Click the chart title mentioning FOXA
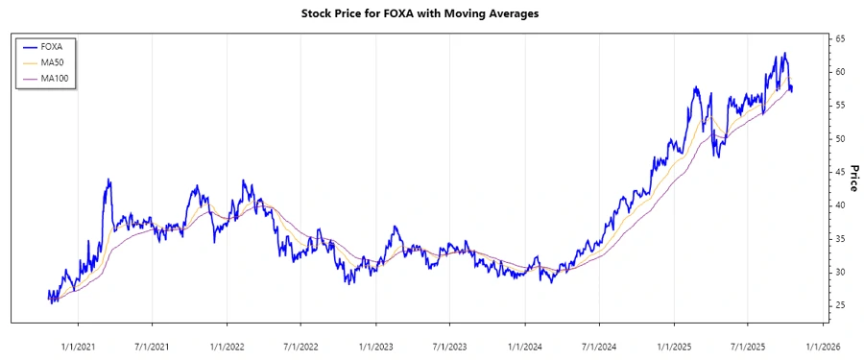(431, 14)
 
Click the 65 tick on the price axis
(839, 38)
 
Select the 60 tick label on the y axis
(839, 72)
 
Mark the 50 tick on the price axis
(839, 139)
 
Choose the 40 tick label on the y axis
(839, 205)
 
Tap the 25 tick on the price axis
(839, 305)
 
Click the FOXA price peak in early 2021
(108, 179)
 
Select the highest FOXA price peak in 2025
(784, 53)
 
